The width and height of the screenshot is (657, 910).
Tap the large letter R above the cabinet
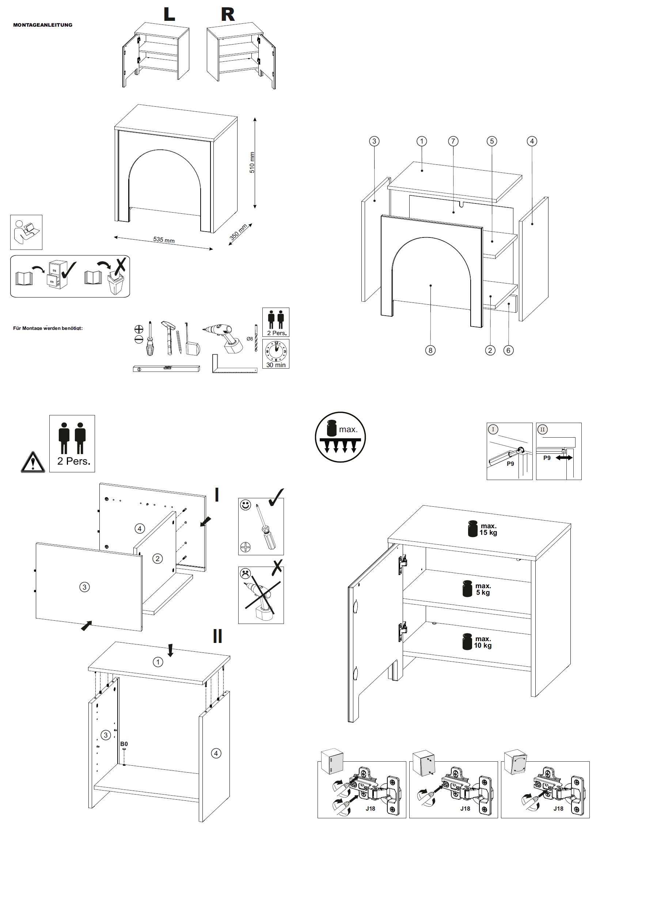[228, 15]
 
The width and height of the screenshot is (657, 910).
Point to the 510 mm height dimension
[252, 163]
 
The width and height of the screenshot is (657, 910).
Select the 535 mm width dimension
[164, 240]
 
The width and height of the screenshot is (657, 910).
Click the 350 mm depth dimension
[238, 232]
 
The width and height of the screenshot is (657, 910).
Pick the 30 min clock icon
[276, 354]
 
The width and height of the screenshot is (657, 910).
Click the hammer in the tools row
[168, 338]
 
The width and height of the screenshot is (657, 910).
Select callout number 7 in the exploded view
[453, 141]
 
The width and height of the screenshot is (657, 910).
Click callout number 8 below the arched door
[430, 350]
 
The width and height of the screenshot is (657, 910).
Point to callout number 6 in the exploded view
[509, 350]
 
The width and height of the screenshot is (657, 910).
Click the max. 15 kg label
[488, 529]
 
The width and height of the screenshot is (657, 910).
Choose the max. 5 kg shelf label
[483, 589]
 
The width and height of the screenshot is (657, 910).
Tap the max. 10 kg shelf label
[483, 642]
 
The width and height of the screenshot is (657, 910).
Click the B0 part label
[124, 744]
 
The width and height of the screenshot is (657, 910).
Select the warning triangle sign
[33, 462]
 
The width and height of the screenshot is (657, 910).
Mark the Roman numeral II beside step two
[217, 636]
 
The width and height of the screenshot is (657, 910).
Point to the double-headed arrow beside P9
[564, 457]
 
